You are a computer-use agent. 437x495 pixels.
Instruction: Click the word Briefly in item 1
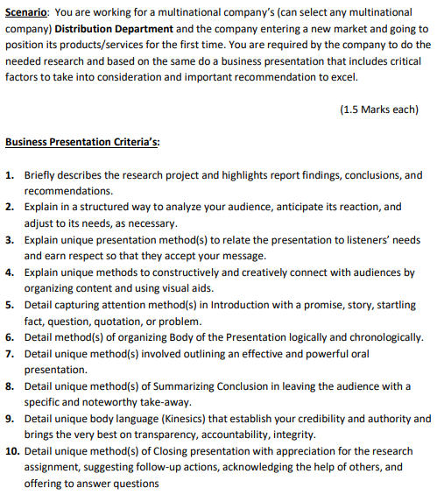[43, 175]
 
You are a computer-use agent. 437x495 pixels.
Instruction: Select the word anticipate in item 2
[274, 208]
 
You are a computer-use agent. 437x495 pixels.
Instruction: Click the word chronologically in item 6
[381, 336]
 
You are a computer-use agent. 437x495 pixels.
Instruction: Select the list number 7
[9, 353]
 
